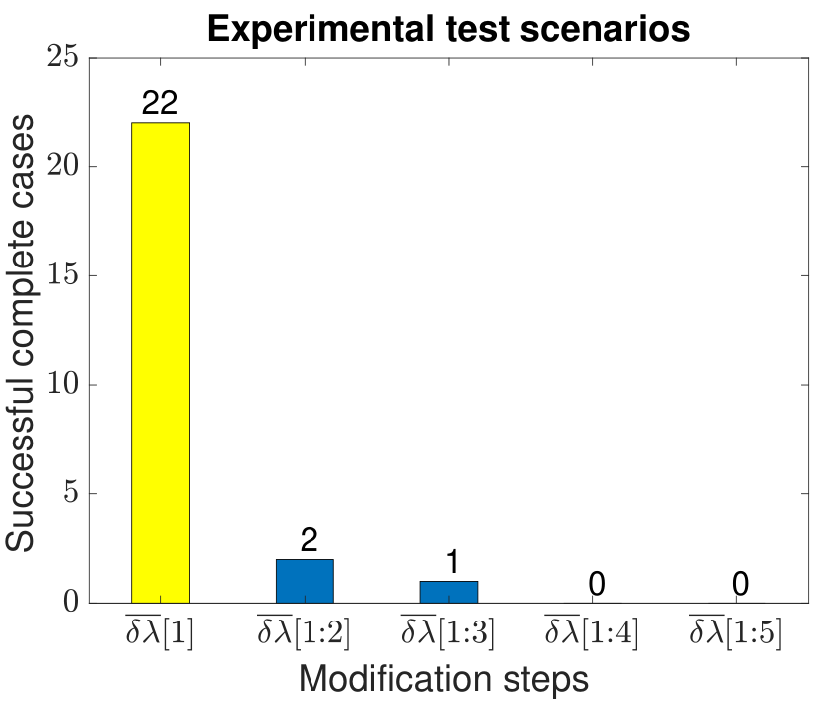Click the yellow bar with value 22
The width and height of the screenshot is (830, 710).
pos(160,363)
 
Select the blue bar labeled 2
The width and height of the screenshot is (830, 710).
pos(305,581)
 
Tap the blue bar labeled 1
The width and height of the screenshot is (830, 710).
pos(449,592)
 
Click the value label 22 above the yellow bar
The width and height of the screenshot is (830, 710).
pos(160,102)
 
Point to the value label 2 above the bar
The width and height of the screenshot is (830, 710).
pos(310,540)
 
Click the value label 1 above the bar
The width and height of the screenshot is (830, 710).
pos(452,561)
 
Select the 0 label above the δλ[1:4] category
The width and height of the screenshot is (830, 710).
pos(596,584)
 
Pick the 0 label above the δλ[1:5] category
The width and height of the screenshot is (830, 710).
pos(740,584)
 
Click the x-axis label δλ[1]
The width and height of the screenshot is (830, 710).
pos(160,631)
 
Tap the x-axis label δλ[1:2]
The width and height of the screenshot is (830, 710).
pos(304,631)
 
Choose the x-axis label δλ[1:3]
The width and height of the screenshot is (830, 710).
pos(448,631)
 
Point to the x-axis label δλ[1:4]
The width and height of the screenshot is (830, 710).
pos(592,631)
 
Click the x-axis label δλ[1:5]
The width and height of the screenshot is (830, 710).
pos(735,631)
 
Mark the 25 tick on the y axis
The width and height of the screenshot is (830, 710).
pos(62,56)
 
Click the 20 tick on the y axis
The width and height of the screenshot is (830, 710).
pos(62,166)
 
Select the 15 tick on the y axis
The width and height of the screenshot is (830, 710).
pos(62,274)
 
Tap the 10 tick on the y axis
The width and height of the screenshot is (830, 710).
pos(62,384)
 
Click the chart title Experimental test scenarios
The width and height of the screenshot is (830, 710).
pos(449,28)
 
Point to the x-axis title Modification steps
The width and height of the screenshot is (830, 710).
pos(444,679)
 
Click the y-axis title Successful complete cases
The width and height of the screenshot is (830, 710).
pos(20,333)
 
